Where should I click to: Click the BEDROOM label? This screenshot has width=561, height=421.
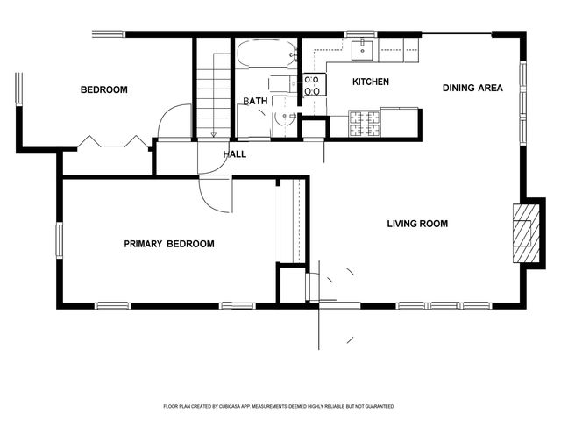click(x=104, y=89)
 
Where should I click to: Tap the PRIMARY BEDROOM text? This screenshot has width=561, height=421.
click(x=168, y=244)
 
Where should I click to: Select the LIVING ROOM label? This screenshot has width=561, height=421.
click(x=417, y=224)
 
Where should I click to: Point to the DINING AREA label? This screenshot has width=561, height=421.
click(x=472, y=88)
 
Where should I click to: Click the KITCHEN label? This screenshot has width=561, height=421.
click(x=370, y=82)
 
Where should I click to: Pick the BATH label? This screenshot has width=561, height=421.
click(x=255, y=102)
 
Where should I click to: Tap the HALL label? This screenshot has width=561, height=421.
click(x=234, y=154)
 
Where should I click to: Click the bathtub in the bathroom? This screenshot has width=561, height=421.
click(x=266, y=54)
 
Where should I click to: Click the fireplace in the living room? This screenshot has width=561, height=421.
click(x=525, y=232)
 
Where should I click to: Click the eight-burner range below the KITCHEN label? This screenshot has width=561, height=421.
click(x=366, y=123)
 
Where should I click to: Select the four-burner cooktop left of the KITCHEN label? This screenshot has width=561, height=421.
click(x=312, y=84)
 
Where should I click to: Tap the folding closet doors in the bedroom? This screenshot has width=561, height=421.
click(x=112, y=141)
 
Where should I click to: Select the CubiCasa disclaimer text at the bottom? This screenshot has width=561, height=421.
click(x=279, y=406)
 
